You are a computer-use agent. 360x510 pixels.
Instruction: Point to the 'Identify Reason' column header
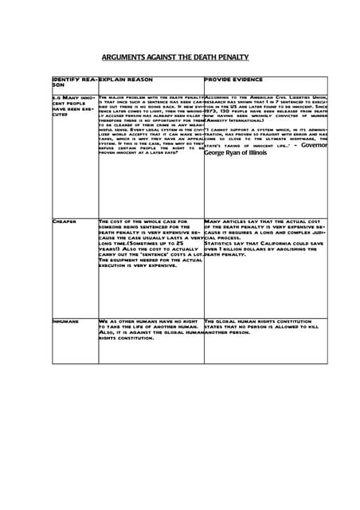(73, 83)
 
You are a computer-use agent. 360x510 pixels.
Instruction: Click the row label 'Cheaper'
(65, 220)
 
